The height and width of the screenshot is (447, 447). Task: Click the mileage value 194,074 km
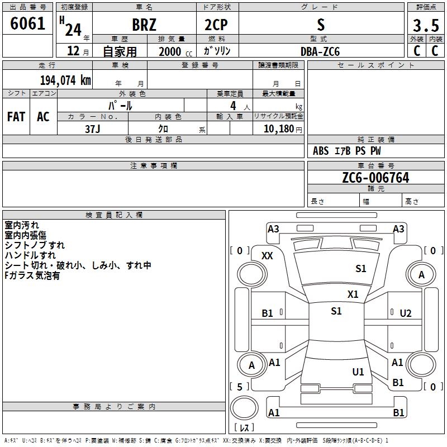(x=65, y=80)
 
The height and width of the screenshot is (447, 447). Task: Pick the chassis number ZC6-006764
(x=375, y=178)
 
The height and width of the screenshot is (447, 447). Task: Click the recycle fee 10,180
(x=277, y=129)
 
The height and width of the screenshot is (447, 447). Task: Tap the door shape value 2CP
(x=217, y=25)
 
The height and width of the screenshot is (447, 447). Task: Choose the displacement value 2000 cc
(x=171, y=51)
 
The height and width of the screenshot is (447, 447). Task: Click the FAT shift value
(x=16, y=116)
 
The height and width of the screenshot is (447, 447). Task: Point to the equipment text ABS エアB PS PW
(x=347, y=151)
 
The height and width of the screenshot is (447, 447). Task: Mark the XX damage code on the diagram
(x=268, y=255)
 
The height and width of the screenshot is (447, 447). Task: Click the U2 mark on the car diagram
(x=406, y=313)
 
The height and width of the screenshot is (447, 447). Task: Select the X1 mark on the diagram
(x=353, y=294)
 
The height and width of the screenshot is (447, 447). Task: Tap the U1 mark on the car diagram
(x=358, y=372)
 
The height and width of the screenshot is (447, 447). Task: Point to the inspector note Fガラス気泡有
(x=32, y=275)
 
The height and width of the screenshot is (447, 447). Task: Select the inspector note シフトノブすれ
(x=35, y=245)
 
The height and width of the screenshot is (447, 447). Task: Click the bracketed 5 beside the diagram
(x=240, y=387)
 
